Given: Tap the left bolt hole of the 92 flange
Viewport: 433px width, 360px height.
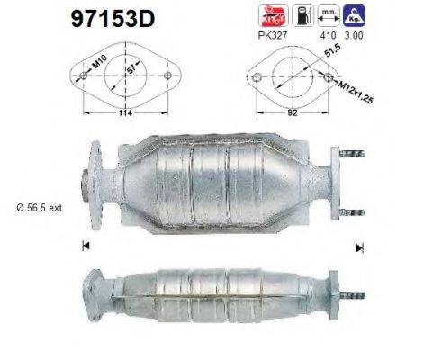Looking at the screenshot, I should (258, 76).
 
